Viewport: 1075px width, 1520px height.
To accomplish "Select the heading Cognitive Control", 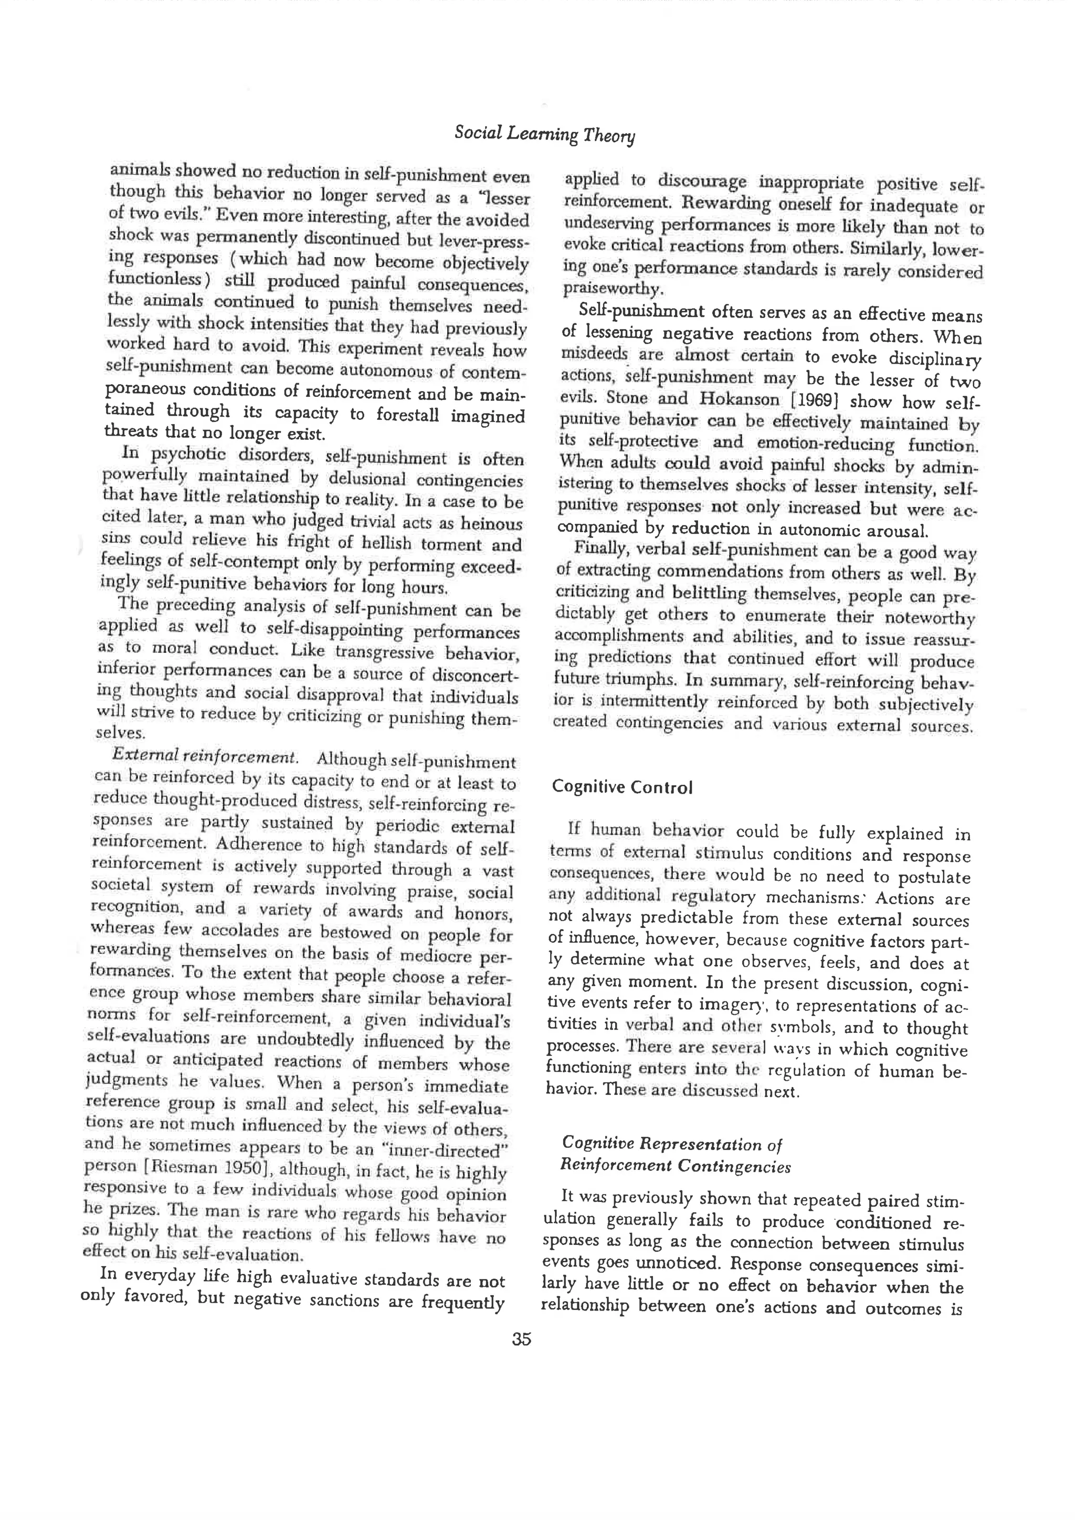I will click(x=621, y=787).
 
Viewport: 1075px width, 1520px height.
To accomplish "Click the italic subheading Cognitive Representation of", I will click(x=670, y=1144).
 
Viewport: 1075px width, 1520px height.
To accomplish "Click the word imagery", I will click(x=733, y=1004).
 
